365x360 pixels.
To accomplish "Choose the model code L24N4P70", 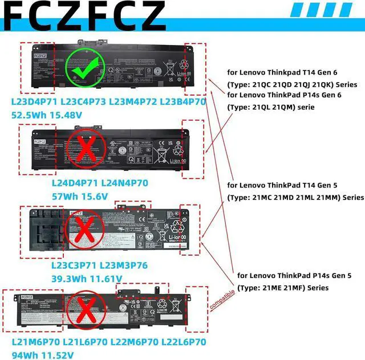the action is point(124,183).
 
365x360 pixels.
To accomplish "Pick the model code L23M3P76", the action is point(123,267).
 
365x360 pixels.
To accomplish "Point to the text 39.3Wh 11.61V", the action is point(86,279).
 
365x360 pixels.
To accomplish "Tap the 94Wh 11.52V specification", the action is point(43,354).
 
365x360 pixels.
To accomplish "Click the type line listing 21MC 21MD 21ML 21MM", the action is point(295,197).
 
